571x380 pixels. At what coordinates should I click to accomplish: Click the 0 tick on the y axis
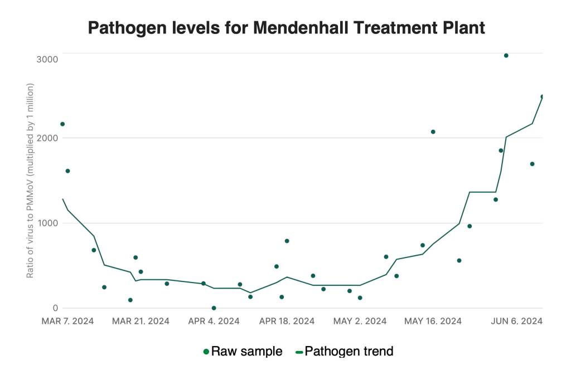(x=55, y=308)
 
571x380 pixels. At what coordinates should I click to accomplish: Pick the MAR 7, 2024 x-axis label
(x=68, y=321)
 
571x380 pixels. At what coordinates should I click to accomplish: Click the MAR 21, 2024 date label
(x=140, y=321)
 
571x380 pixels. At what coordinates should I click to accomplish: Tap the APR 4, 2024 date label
(x=214, y=321)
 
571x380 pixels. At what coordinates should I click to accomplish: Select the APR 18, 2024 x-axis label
(x=287, y=321)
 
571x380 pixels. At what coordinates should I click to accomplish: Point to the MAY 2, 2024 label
(x=360, y=321)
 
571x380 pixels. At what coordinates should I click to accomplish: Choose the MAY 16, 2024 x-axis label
(x=433, y=321)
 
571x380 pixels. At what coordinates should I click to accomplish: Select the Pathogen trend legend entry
(x=344, y=352)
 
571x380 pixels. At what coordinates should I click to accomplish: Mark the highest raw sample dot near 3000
(x=506, y=56)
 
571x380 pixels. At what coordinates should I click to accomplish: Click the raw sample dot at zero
(x=214, y=308)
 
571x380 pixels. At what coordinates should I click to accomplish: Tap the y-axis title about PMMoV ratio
(x=31, y=181)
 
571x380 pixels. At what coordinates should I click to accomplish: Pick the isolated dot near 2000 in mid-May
(x=433, y=132)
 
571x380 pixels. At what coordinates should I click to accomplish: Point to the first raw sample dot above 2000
(x=62, y=124)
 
